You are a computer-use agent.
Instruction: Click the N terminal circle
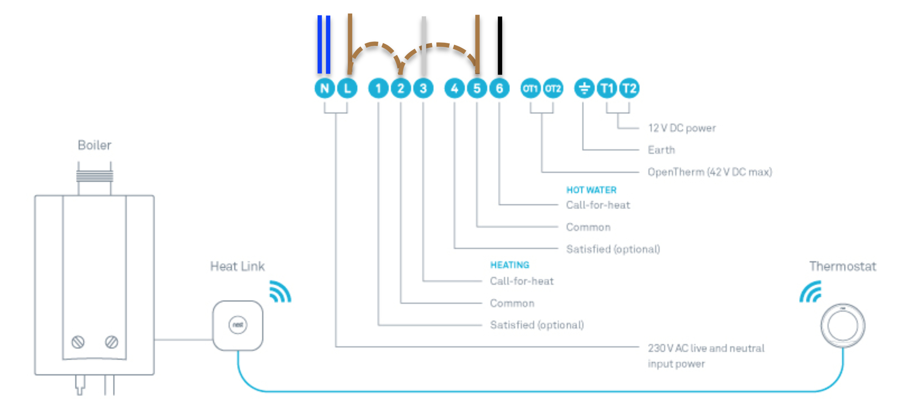tap(324, 88)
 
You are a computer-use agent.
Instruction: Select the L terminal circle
tap(347, 88)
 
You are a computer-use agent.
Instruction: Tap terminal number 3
tap(423, 88)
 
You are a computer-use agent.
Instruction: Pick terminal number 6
tap(499, 88)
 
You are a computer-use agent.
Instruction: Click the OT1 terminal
tap(530, 88)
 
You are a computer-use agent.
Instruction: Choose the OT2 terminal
tap(553, 88)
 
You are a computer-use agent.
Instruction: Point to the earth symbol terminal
tap(584, 88)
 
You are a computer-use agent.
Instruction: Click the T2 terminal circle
tap(629, 88)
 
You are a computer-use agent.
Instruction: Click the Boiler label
tap(94, 145)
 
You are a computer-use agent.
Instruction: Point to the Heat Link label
tap(237, 266)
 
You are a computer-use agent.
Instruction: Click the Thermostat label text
tap(843, 266)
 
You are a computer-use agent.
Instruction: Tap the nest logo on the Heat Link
tap(238, 325)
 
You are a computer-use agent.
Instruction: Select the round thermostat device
tap(843, 325)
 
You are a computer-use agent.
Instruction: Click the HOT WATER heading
tap(591, 190)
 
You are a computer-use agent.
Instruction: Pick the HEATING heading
tap(510, 265)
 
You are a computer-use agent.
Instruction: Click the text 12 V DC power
tap(682, 128)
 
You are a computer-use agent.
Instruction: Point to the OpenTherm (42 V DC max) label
tap(710, 172)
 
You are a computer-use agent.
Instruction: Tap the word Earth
tap(661, 150)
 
